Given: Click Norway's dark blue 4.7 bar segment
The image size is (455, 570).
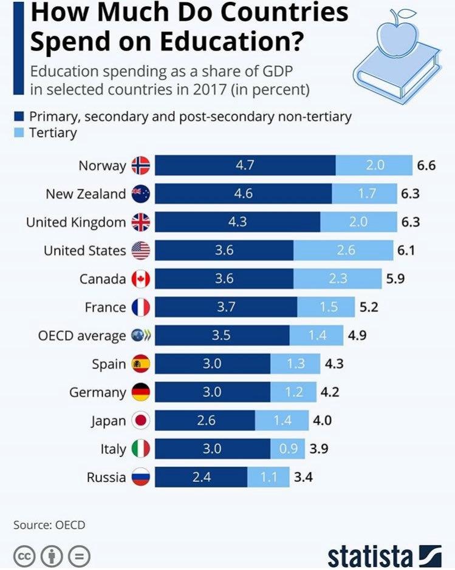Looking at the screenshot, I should point(245,165).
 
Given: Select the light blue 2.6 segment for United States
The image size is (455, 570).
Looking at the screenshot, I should point(343,250).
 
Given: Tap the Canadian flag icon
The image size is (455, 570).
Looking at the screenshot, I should point(140,279).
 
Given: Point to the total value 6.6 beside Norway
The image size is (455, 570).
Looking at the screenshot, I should point(426,165).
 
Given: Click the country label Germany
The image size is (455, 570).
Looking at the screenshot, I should point(97,392).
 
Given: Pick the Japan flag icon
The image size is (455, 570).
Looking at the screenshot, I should point(140,421).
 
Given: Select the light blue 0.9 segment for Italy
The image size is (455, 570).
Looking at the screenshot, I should point(289,449).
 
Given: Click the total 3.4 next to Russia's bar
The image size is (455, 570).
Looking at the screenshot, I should point(303,477).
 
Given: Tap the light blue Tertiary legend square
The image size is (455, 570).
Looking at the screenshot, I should point(19,133).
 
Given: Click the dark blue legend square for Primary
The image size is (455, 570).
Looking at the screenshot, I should point(19,116).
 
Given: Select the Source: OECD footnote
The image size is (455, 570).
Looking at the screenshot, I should point(49,524).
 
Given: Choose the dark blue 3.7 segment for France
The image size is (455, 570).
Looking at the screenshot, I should point(226,307).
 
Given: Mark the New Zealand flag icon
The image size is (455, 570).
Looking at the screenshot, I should point(140,194).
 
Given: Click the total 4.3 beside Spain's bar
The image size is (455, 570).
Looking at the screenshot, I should point(335,364).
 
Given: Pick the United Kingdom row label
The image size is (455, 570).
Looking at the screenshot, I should point(75,222).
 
